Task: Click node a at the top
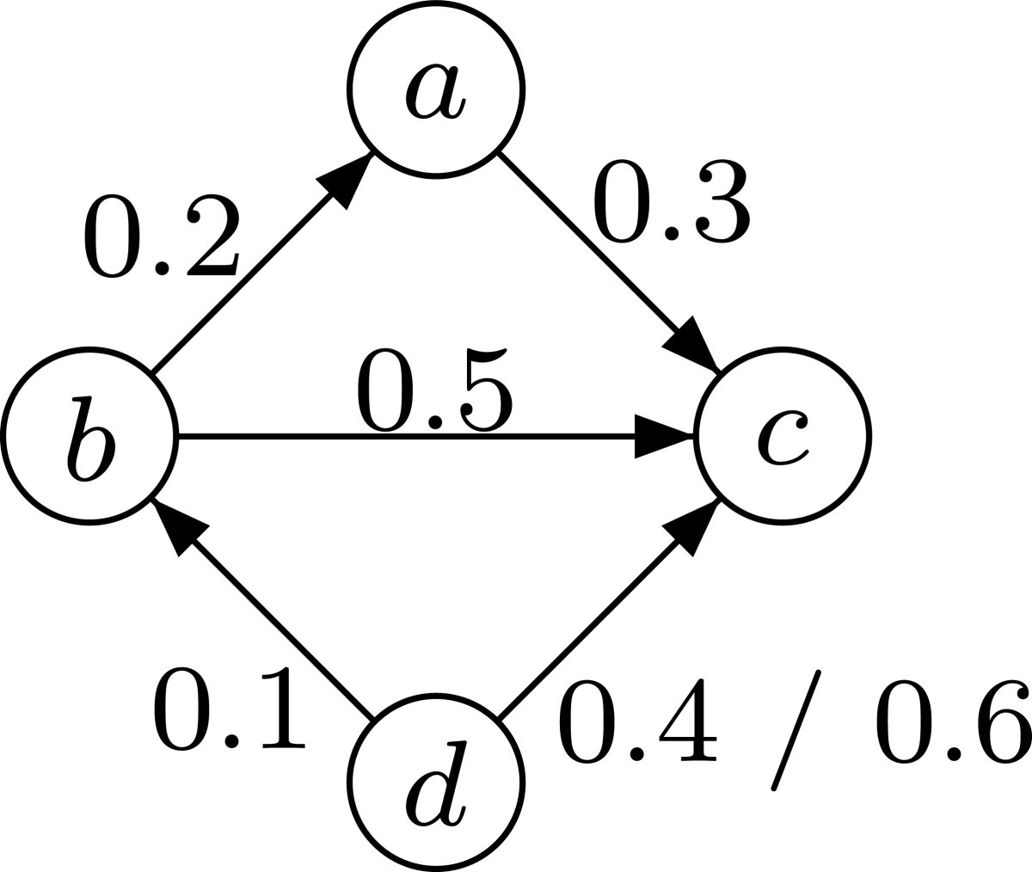pyautogui.click(x=435, y=89)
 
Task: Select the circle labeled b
pyautogui.click(x=89, y=436)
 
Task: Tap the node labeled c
pyautogui.click(x=783, y=436)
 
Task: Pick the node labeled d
pyautogui.click(x=435, y=782)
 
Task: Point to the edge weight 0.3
pyautogui.click(x=671, y=200)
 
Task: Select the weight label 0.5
pyautogui.click(x=435, y=390)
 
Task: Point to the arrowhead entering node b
pyautogui.click(x=178, y=525)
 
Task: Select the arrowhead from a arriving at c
pyautogui.click(x=693, y=344)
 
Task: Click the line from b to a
pyautogui.click(x=241, y=284)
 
